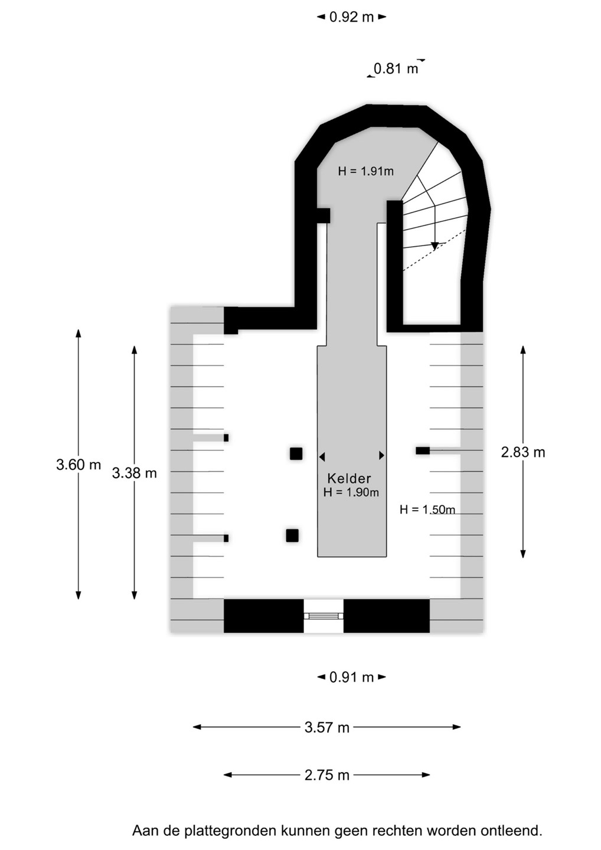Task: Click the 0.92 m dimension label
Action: pyautogui.click(x=351, y=17)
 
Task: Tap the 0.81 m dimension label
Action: pyautogui.click(x=396, y=68)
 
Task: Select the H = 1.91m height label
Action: pyautogui.click(x=365, y=171)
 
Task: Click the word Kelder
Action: pyautogui.click(x=349, y=479)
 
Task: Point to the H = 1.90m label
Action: pyautogui.click(x=351, y=492)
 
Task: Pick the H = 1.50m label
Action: pyautogui.click(x=427, y=509)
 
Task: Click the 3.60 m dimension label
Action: pyautogui.click(x=79, y=465)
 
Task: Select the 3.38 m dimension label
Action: pyautogui.click(x=135, y=473)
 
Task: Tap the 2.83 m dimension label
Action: pyautogui.click(x=523, y=452)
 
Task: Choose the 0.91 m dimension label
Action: pyautogui.click(x=351, y=677)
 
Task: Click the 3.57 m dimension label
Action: pyautogui.click(x=327, y=727)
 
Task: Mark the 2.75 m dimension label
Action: pyautogui.click(x=327, y=775)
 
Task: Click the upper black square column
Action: pyautogui.click(x=296, y=453)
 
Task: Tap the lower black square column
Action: pyautogui.click(x=292, y=535)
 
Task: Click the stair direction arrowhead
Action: pyautogui.click(x=435, y=246)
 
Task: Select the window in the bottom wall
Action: pyautogui.click(x=324, y=616)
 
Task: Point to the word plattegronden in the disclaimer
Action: pyautogui.click(x=230, y=831)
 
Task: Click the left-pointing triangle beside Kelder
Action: pyautogui.click(x=322, y=456)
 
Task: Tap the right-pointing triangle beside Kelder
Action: pyautogui.click(x=381, y=455)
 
